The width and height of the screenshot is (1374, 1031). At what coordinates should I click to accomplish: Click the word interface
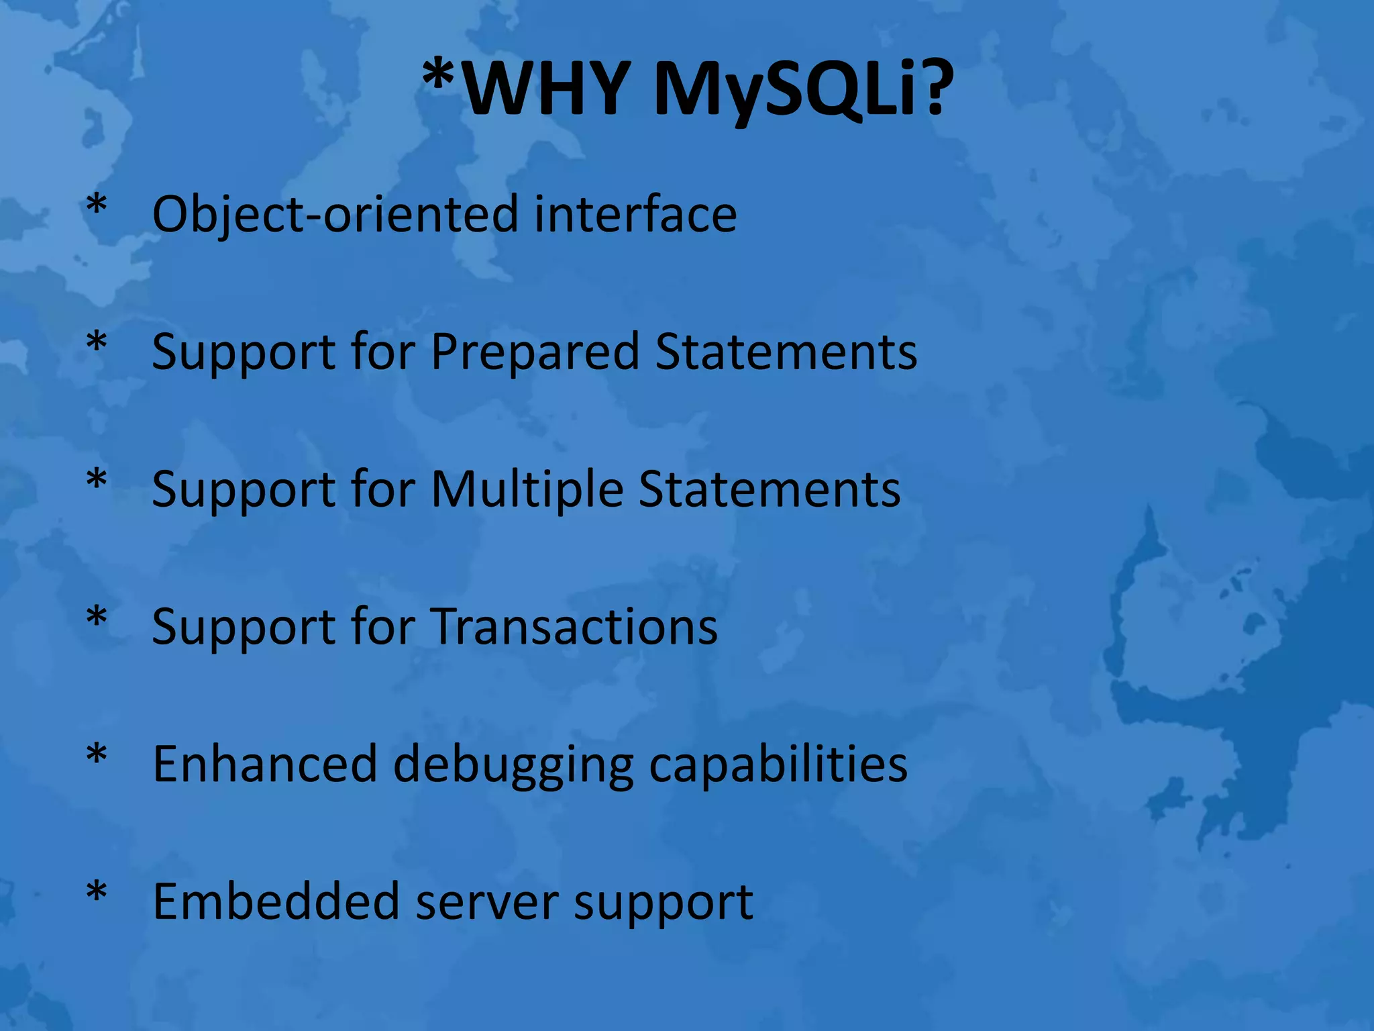635,213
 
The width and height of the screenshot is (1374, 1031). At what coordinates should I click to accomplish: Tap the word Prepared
535,352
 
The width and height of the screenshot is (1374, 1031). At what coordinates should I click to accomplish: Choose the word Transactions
574,626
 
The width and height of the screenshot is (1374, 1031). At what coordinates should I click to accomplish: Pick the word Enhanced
265,764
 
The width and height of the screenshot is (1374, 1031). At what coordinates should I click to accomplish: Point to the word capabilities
778,764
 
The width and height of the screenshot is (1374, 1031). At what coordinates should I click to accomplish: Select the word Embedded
276,901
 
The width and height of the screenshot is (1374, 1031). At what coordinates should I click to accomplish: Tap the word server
487,902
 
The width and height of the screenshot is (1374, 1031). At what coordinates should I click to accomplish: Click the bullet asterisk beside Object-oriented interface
97,205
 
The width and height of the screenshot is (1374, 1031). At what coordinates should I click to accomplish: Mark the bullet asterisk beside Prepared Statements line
97,342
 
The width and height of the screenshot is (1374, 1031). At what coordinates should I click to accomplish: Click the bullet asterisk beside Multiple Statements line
97,480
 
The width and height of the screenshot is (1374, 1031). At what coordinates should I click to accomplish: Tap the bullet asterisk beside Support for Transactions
97,617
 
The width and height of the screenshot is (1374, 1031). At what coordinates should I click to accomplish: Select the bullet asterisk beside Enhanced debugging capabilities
97,754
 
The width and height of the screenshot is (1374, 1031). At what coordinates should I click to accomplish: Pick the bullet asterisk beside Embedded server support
97,892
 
